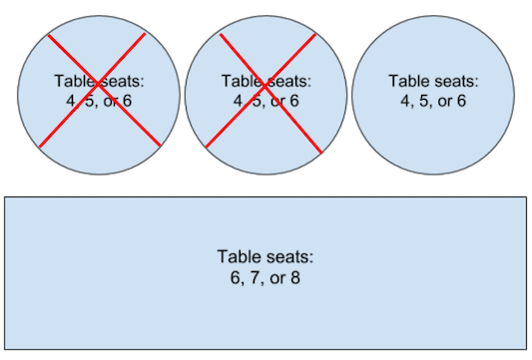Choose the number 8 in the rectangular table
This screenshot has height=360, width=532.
[294, 276]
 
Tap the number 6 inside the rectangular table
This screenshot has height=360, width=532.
[234, 276]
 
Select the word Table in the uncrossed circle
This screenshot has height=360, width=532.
[408, 81]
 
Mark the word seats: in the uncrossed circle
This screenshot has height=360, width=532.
[457, 81]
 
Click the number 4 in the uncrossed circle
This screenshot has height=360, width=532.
[404, 101]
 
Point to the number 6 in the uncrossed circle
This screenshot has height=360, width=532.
[462, 101]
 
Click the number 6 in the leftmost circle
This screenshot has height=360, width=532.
[127, 101]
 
